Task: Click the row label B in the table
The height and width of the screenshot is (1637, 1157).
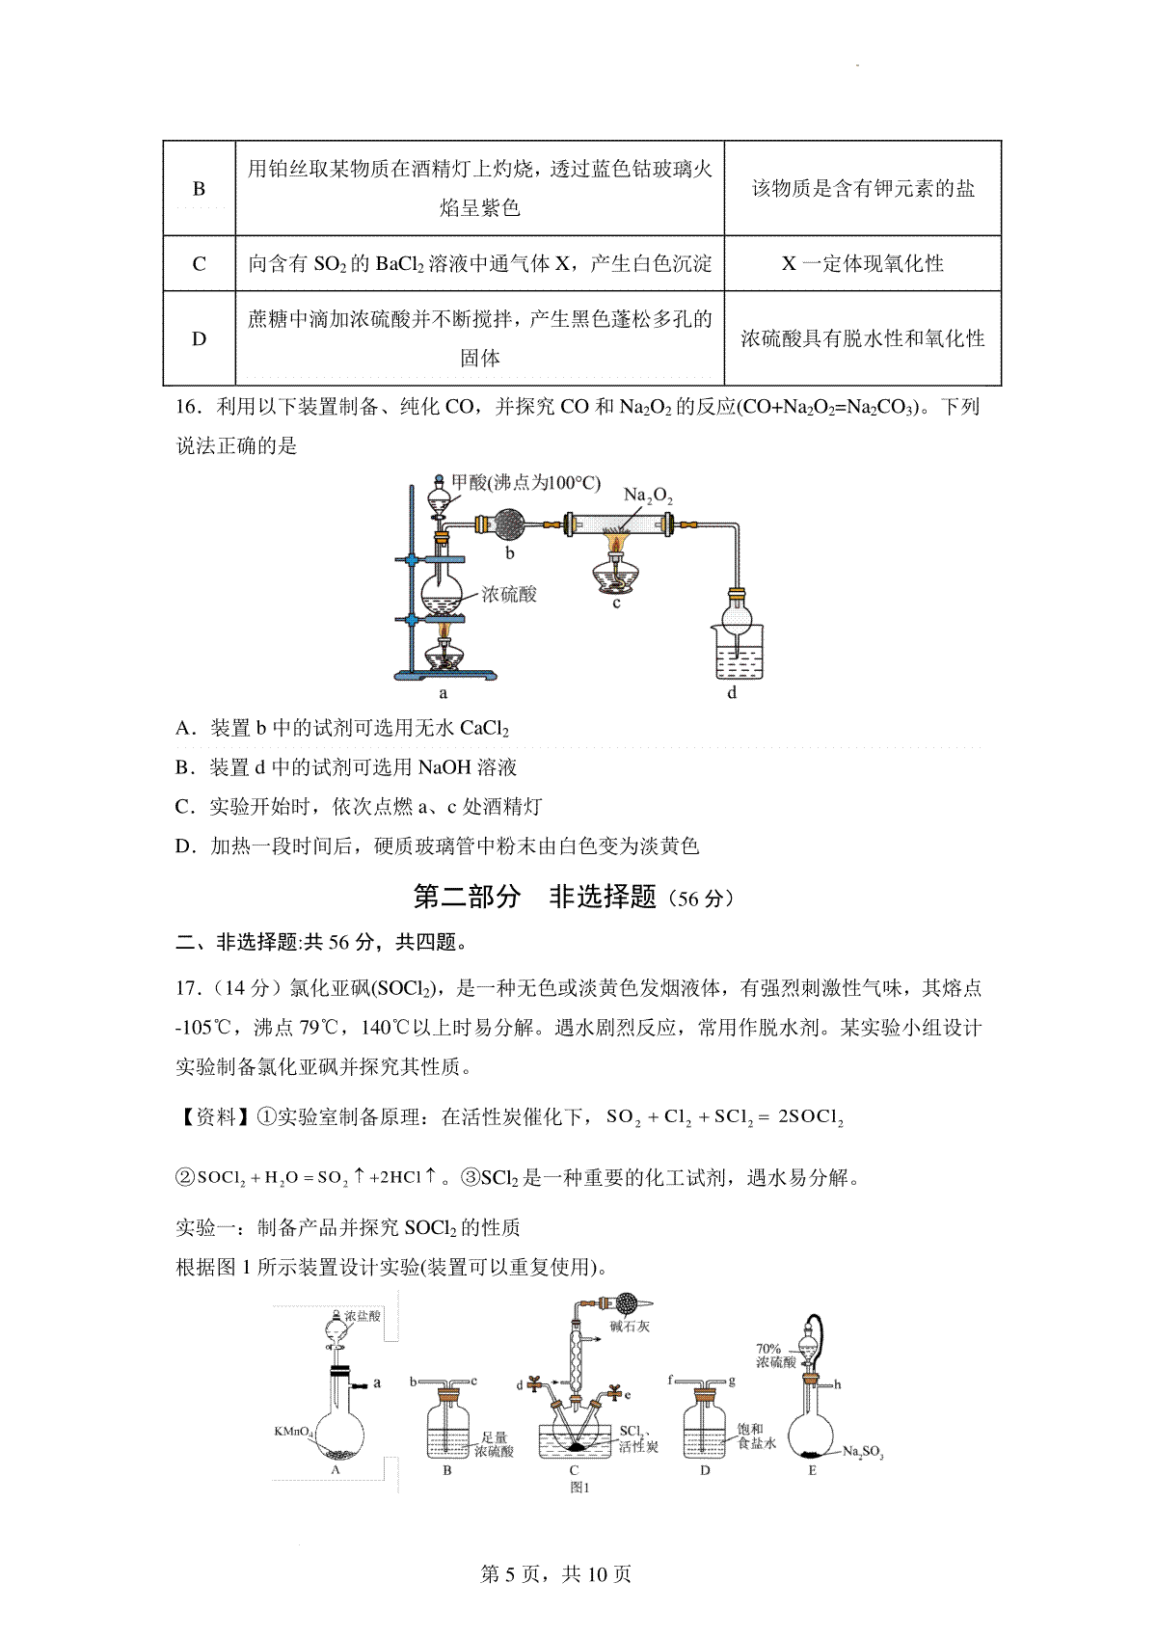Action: [199, 189]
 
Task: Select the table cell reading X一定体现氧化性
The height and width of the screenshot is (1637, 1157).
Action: [862, 263]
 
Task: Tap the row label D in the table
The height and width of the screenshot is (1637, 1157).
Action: [199, 338]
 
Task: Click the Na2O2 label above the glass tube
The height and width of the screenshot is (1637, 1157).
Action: [648, 496]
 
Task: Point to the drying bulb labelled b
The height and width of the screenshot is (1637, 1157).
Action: [509, 525]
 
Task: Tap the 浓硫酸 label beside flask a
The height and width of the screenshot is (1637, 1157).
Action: [508, 594]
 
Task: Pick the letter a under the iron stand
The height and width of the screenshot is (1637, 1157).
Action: [443, 692]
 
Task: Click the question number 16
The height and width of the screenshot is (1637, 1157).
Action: [188, 407]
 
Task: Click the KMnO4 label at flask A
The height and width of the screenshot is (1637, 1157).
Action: [293, 1433]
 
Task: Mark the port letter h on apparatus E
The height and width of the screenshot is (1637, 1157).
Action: [837, 1384]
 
